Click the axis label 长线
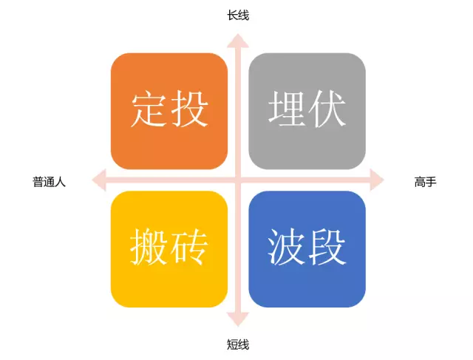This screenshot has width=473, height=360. click(x=238, y=16)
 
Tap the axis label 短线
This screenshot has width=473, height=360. click(x=238, y=344)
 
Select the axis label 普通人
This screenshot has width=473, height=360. click(x=49, y=182)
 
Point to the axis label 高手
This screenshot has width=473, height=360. click(x=426, y=182)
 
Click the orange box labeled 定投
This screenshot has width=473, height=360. click(x=169, y=111)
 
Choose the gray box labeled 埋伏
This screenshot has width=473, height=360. click(x=307, y=111)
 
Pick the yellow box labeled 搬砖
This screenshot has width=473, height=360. click(x=169, y=249)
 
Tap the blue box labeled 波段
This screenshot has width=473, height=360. click(x=307, y=249)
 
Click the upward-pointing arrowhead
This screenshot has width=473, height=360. click(x=238, y=41)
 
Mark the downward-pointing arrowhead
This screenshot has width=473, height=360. click(x=238, y=319)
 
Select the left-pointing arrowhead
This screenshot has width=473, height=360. click(x=99, y=180)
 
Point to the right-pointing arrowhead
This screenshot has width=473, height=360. click(x=377, y=180)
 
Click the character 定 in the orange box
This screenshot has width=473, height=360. click(x=149, y=109)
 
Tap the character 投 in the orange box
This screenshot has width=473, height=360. click(x=189, y=109)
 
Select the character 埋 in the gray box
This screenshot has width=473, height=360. click(x=287, y=109)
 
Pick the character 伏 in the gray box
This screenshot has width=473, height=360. click(x=327, y=109)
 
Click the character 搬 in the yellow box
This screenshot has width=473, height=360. click(x=149, y=247)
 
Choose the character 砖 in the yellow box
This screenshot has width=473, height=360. click(x=189, y=247)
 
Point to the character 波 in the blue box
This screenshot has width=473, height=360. click(x=286, y=247)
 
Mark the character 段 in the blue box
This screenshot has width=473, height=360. click(x=327, y=247)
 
